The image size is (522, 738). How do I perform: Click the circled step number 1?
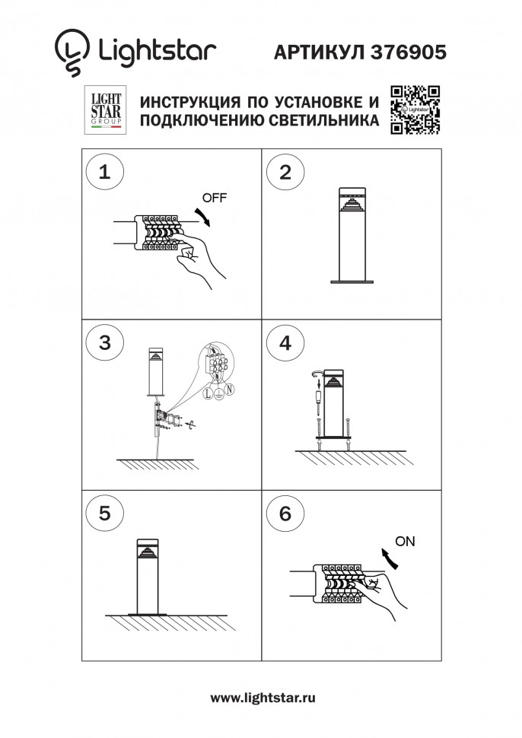[x=105, y=171]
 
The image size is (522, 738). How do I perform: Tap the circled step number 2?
[x=285, y=171]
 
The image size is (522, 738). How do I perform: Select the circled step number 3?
[x=105, y=342]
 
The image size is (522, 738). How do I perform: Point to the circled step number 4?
[x=285, y=342]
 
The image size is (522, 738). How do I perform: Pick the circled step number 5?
[x=105, y=513]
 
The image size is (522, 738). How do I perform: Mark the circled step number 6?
[x=285, y=513]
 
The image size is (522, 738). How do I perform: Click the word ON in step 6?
[x=406, y=542]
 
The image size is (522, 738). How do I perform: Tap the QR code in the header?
[x=415, y=110]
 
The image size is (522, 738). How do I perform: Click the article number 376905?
[x=409, y=52]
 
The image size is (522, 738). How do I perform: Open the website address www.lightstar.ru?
[x=262, y=698]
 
